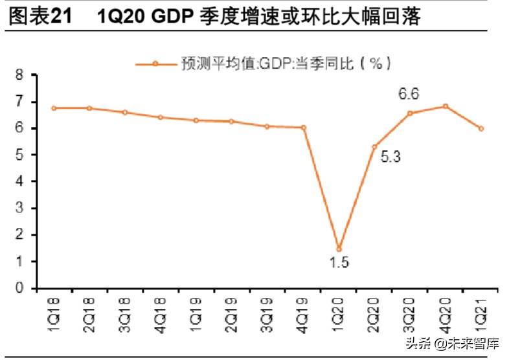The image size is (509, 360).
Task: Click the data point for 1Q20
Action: tap(339, 249)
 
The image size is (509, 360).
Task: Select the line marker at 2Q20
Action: tap(374, 147)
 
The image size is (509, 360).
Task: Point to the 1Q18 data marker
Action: tap(54, 108)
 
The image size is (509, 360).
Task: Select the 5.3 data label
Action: tap(390, 156)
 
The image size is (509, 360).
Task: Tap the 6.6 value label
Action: tap(409, 94)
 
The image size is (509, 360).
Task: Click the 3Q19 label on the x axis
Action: tap(267, 312)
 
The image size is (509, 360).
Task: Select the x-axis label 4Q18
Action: tap(161, 312)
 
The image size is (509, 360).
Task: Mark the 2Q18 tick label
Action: tap(89, 312)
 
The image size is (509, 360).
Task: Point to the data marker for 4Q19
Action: tap(303, 128)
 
